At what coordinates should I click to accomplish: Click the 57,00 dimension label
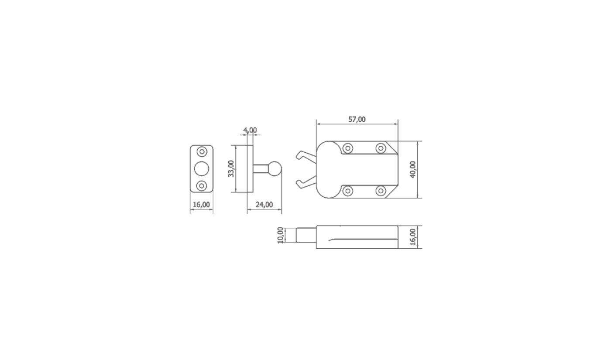pos(357,120)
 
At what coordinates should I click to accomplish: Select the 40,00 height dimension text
pos(413,170)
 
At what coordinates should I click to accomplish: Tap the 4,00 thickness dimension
pos(250,130)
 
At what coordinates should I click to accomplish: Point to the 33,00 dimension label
pos(231,169)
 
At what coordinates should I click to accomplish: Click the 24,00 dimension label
pos(264,205)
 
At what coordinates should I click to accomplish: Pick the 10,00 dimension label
pos(280,235)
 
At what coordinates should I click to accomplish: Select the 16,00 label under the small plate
pos(201,205)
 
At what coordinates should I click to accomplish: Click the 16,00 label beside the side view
pos(413,237)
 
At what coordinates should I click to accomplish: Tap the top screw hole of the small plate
pos(202,151)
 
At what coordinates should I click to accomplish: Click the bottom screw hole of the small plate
pos(202,186)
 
